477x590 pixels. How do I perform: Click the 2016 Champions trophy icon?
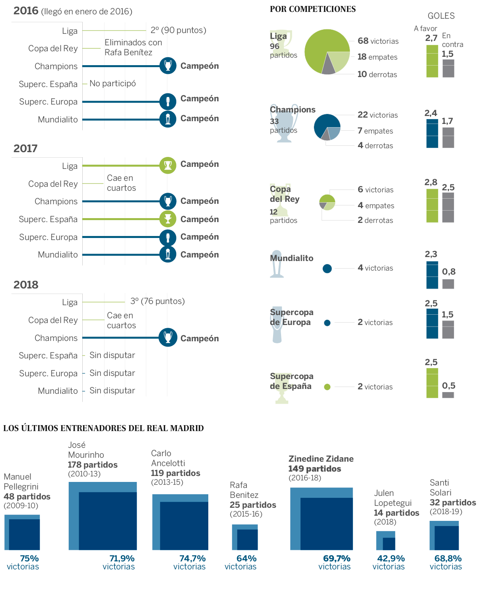click(168, 66)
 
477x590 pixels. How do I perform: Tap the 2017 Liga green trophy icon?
click(168, 165)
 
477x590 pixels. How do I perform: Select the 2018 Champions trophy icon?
click(168, 338)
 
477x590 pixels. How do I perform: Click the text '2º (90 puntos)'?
click(178, 30)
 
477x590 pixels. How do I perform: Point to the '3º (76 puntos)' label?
click(157, 301)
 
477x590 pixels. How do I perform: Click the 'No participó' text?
click(112, 83)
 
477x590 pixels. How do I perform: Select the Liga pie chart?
click(327, 52)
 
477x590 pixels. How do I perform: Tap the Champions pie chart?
click(327, 128)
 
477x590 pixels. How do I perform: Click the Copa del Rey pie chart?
click(327, 202)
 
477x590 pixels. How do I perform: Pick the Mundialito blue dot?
click(327, 269)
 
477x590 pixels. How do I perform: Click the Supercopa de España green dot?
click(327, 387)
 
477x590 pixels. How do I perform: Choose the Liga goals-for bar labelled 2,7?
click(432, 61)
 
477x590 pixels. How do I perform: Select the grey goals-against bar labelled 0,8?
click(448, 284)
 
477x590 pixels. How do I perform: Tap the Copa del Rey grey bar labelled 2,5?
click(448, 207)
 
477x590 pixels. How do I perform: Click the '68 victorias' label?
click(378, 41)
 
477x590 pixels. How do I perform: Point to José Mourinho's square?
click(103, 516)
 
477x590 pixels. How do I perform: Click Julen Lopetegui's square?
click(386, 540)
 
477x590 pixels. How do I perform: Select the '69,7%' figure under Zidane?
click(337, 559)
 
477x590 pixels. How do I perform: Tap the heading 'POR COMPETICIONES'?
click(313, 9)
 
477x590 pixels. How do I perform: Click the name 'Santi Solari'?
click(440, 487)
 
